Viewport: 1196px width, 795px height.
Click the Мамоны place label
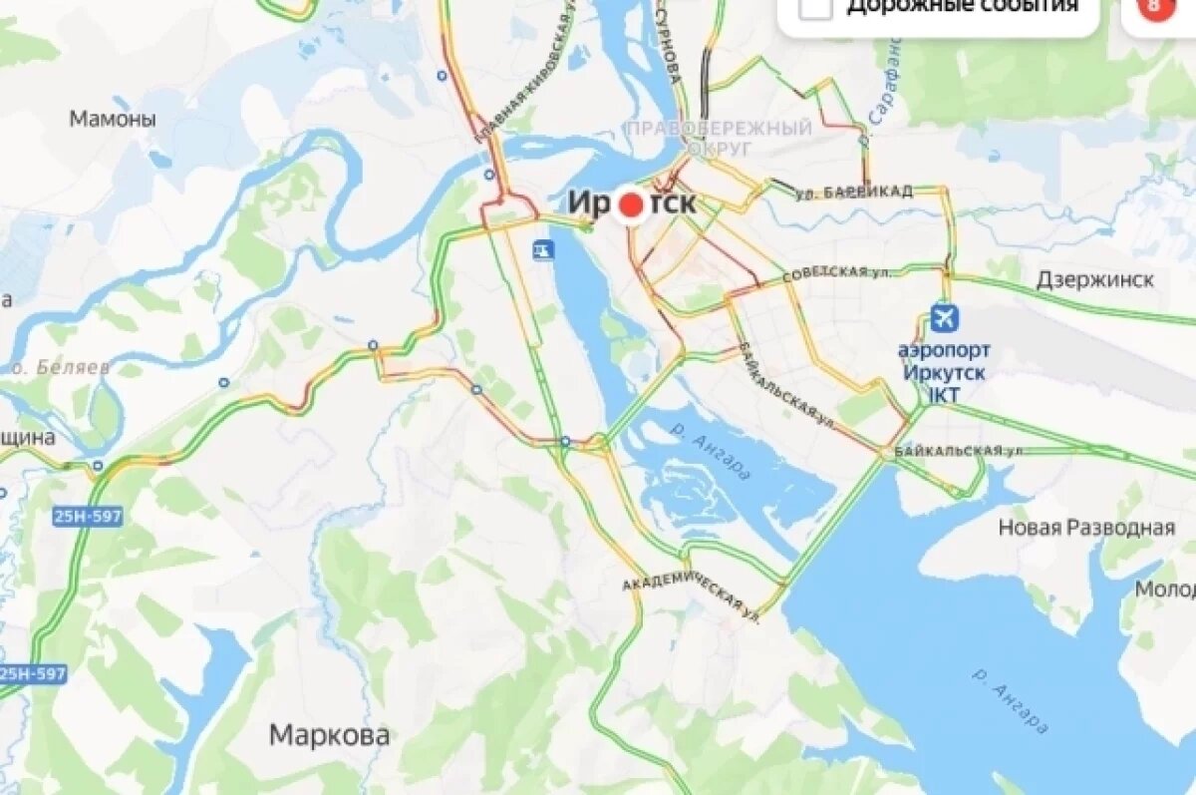(x=113, y=120)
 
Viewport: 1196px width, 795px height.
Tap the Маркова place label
(x=329, y=736)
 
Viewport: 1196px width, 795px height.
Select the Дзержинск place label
(x=1094, y=279)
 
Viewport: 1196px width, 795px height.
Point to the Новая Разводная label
(x=1086, y=528)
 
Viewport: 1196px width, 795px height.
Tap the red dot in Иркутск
(x=631, y=204)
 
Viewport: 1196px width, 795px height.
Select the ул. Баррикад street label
(x=854, y=193)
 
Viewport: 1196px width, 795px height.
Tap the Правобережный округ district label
(x=719, y=137)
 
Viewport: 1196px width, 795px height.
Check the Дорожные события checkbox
(x=816, y=6)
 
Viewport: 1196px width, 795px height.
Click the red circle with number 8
(x=1154, y=6)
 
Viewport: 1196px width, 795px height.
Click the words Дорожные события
(x=962, y=6)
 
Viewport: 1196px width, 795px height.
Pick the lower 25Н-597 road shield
(x=32, y=674)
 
